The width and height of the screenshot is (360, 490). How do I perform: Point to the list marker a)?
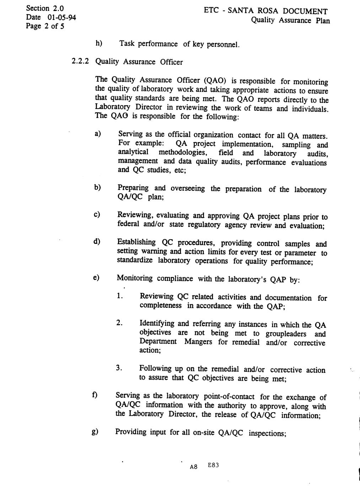point(98,134)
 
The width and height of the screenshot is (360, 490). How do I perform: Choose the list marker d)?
point(97,242)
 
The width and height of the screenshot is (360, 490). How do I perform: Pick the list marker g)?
point(95,431)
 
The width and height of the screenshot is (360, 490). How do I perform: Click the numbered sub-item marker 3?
point(119,368)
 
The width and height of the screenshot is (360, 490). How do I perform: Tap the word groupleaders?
point(286,334)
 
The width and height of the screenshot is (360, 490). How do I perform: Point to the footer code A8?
point(194,467)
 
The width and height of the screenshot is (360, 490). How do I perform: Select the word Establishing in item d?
point(136,242)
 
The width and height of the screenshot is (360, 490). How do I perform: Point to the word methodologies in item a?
point(183,152)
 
